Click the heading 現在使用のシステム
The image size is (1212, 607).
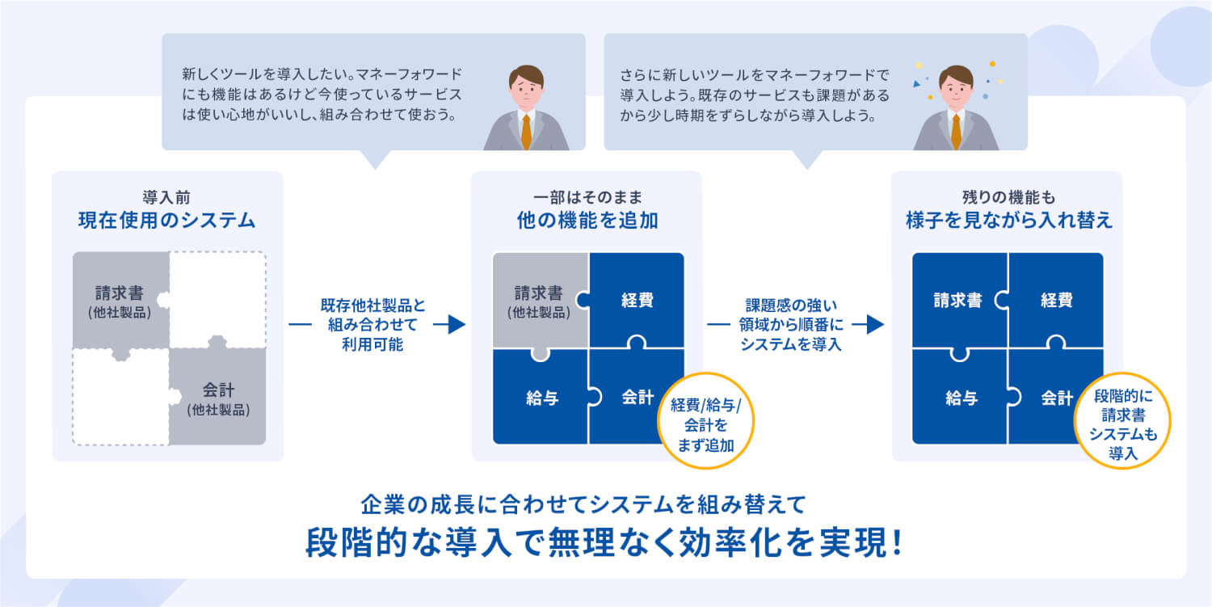[167, 220]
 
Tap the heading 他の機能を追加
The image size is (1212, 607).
[587, 220]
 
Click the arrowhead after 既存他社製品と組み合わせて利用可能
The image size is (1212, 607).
[457, 325]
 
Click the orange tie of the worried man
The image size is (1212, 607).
[526, 132]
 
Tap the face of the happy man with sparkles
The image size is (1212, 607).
[956, 91]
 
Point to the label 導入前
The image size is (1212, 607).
[167, 196]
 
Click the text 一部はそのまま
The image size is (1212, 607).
[587, 196]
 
